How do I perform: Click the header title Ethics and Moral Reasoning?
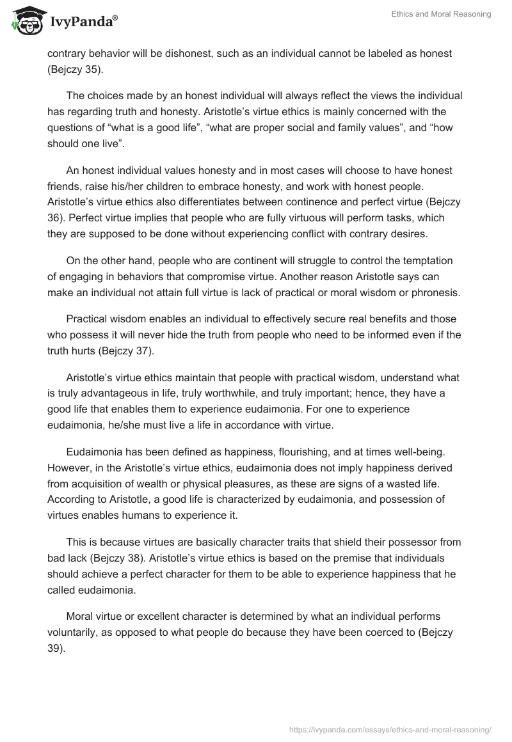441,14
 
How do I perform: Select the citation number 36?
55,218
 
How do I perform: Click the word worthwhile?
257,393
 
